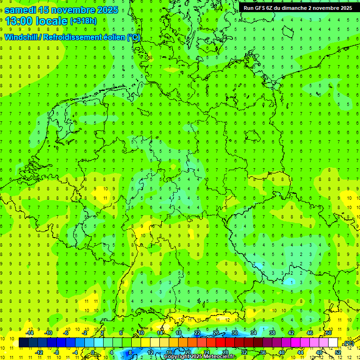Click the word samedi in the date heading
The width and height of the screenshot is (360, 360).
(x=20, y=10)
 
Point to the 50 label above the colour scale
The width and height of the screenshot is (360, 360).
(x=328, y=333)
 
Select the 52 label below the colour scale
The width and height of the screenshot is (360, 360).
(x=337, y=352)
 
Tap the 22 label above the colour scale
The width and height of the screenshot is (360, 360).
(x=197, y=333)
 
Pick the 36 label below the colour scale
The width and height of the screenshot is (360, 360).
(x=263, y=352)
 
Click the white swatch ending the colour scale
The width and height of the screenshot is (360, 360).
(x=333, y=343)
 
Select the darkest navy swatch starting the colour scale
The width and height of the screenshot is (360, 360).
(x=23, y=343)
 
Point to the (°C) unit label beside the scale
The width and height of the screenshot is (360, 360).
(x=349, y=344)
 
